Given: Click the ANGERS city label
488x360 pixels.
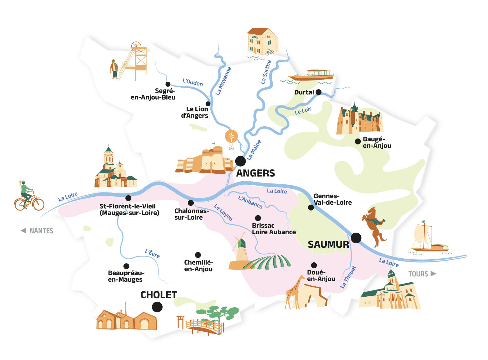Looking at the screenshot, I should coord(255,173).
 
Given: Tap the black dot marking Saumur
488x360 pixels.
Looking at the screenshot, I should coord(356,238).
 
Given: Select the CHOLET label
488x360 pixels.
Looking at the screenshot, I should coord(159,295).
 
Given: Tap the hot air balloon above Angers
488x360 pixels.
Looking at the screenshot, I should coord(231,139).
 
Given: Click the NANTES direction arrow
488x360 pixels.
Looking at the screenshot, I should coord(23,231).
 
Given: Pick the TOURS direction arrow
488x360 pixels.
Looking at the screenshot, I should coord(433,274).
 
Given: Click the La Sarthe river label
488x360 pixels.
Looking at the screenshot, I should coord(266,72).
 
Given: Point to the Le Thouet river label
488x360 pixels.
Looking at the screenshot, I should coord(348,277).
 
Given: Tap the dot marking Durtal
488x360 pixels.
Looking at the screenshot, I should coord(318,92).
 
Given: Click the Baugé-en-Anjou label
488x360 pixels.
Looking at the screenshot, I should coord(377,142).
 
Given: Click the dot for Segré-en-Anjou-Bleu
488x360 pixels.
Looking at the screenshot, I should coord(168,84).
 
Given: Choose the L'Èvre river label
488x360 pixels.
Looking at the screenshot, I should coord(152,253).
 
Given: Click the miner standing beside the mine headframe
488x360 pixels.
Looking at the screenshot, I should coord(114,69).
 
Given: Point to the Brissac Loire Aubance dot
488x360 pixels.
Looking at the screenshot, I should coord(258,218).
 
